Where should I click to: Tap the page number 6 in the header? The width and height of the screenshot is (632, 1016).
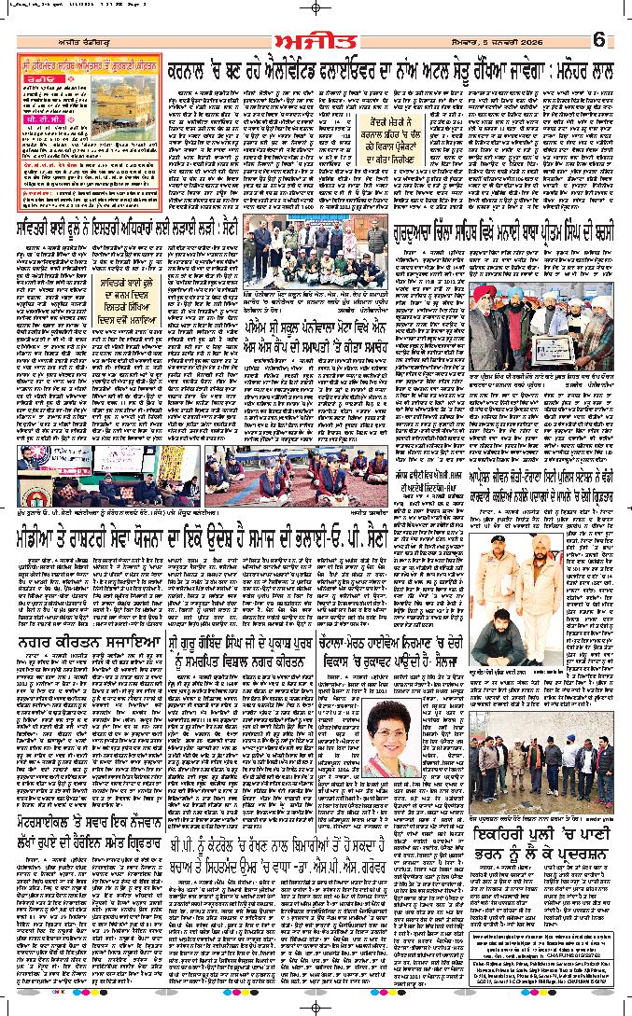pyautogui.click(x=599, y=40)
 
